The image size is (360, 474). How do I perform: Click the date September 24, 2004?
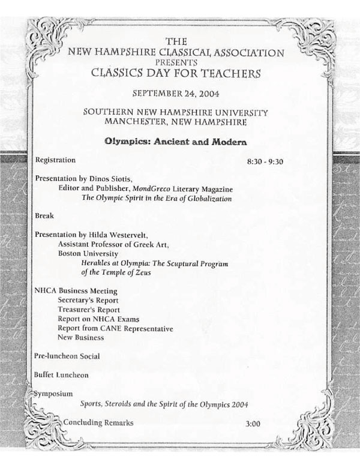[180, 95]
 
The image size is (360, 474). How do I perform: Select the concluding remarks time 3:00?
[253, 424]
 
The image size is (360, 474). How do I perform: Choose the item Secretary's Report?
[88, 300]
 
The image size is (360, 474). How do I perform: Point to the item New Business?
[81, 338]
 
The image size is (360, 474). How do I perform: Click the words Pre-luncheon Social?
[67, 356]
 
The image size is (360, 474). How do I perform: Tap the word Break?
[45, 215]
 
